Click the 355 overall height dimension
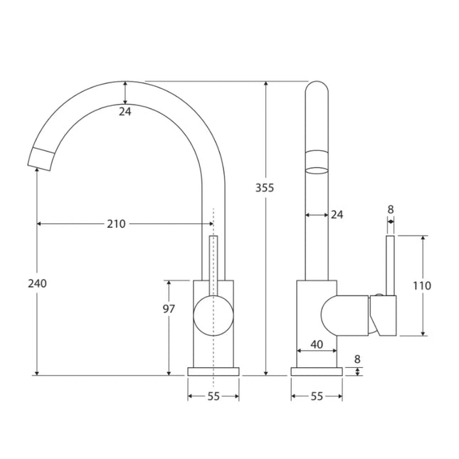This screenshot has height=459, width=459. click(x=265, y=188)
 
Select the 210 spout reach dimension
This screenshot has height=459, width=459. click(x=116, y=223)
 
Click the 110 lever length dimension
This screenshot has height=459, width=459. click(x=422, y=285)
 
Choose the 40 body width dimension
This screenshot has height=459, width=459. click(x=317, y=344)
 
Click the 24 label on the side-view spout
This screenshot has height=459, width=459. click(x=337, y=214)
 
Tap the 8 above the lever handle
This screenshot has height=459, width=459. click(x=390, y=209)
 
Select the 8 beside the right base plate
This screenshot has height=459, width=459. click(x=357, y=359)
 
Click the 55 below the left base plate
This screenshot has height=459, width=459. click(x=213, y=396)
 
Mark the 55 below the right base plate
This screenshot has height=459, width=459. click(x=317, y=396)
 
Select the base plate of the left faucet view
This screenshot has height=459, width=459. click(x=213, y=371)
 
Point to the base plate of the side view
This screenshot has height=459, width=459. click(x=317, y=371)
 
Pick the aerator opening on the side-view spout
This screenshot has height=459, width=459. click(x=317, y=169)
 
